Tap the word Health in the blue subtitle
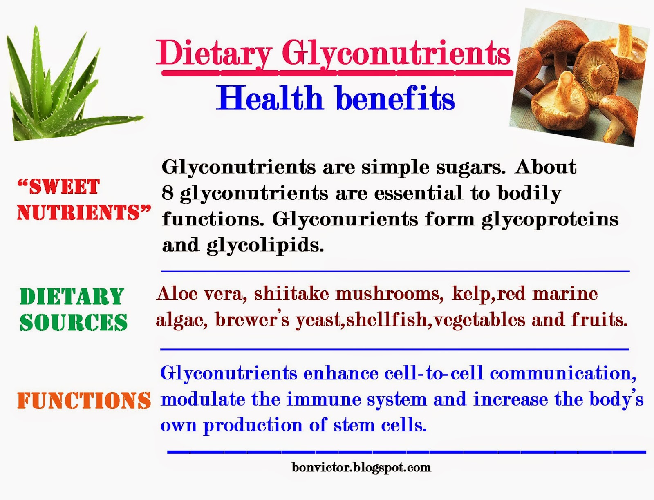pyautogui.click(x=269, y=97)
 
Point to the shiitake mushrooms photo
pyautogui.click(x=580, y=78)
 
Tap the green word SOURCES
pyautogui.click(x=73, y=323)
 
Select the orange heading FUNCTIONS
pyautogui.click(x=84, y=401)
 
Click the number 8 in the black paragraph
pyautogui.click(x=167, y=193)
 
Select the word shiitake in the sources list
pyautogui.click(x=291, y=294)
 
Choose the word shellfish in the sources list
pyautogui.click(x=387, y=319)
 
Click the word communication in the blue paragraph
pyautogui.click(x=562, y=373)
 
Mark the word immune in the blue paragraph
pyautogui.click(x=324, y=400)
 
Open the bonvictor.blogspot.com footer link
pyautogui.click(x=361, y=467)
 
